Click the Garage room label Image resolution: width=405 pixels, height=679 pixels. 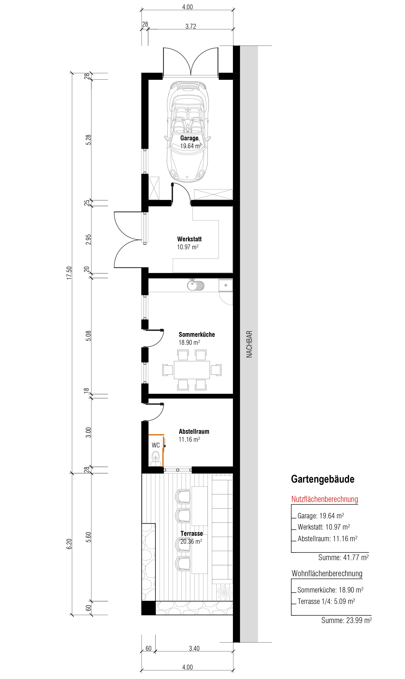click(x=189, y=138)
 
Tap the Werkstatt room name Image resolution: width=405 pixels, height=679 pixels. click(x=189, y=239)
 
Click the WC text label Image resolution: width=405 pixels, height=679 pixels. click(x=155, y=445)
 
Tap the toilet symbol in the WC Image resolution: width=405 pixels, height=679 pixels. click(x=155, y=456)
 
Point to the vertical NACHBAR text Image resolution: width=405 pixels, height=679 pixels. click(x=249, y=344)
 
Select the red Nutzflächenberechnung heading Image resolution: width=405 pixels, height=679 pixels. click(x=325, y=499)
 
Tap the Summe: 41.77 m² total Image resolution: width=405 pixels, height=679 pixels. click(x=343, y=557)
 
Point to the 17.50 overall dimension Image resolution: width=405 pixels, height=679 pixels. click(x=69, y=273)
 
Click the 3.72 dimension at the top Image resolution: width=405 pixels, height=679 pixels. click(x=191, y=27)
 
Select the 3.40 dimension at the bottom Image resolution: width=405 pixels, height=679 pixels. click(x=194, y=648)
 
